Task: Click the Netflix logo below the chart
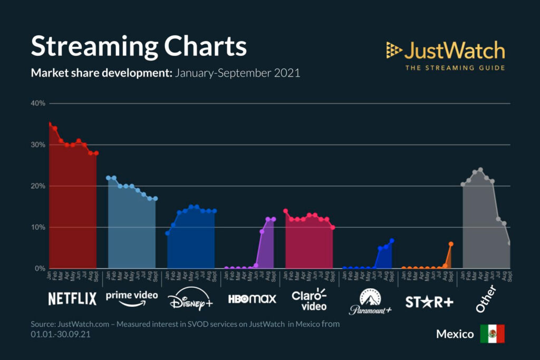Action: point(72,299)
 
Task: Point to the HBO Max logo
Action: point(252,299)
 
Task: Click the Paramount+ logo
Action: point(370,301)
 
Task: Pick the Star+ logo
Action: point(429,301)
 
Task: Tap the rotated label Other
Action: point(488,300)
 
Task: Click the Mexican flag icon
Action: point(492,334)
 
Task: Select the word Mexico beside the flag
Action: point(455,334)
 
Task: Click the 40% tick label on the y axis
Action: point(38,103)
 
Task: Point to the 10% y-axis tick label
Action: point(38,227)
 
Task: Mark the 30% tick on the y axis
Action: point(38,145)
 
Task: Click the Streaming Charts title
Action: point(139,46)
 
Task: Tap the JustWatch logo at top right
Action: point(446,51)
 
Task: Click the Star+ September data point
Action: point(451,244)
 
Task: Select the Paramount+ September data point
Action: point(392,241)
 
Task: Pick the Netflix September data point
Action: point(97,153)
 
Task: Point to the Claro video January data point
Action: point(285,211)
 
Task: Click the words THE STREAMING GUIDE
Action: point(455,67)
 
